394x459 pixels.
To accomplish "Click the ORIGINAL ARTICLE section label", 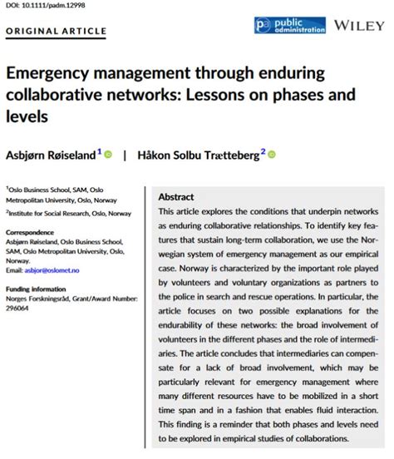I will pyautogui.click(x=57, y=32).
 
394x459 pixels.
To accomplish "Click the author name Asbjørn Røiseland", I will pyautogui.click(x=51, y=154).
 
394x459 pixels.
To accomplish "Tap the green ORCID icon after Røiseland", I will pyautogui.click(x=108, y=154).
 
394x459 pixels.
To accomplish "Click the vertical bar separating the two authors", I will pyautogui.click(x=125, y=154).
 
